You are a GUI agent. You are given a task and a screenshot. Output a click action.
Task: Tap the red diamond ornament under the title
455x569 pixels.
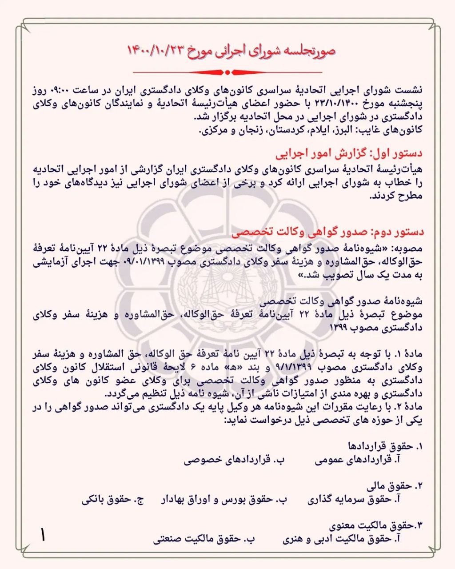(227, 72)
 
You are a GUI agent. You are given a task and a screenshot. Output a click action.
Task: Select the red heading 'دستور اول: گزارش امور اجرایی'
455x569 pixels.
(348, 154)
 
